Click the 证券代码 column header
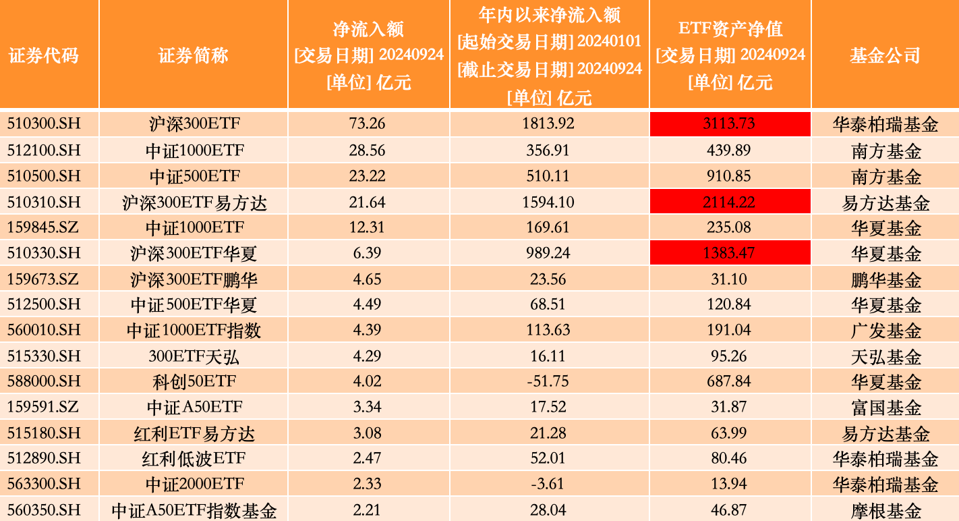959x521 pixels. click(44, 55)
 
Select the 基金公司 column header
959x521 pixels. click(885, 55)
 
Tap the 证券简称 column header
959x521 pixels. click(194, 55)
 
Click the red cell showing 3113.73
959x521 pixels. click(730, 124)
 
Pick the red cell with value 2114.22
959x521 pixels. click(730, 202)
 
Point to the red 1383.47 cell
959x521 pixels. click(730, 253)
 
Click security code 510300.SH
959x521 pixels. click(43, 124)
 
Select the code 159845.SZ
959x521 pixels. click(43, 227)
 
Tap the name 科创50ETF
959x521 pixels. click(194, 381)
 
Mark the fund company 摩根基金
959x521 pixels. click(885, 510)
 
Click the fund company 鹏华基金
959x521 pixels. click(885, 279)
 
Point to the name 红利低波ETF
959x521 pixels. click(194, 459)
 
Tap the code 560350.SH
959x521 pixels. click(43, 510)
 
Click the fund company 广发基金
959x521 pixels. click(885, 330)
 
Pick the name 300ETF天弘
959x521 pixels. click(194, 356)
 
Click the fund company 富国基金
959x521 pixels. click(885, 407)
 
